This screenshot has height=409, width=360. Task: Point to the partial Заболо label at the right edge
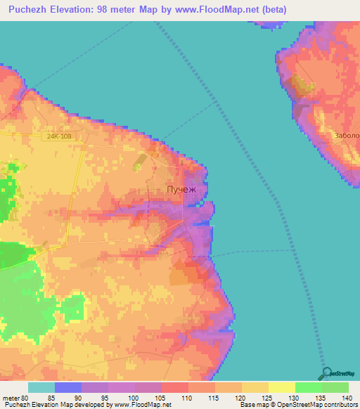tap(347, 136)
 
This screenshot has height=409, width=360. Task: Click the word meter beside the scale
tap(11, 397)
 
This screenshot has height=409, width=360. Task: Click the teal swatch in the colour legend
tap(41, 387)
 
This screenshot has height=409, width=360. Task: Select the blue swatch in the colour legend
tap(67, 387)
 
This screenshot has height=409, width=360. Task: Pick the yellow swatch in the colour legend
tap(281, 387)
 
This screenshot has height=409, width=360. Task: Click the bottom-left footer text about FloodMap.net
tap(86, 405)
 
